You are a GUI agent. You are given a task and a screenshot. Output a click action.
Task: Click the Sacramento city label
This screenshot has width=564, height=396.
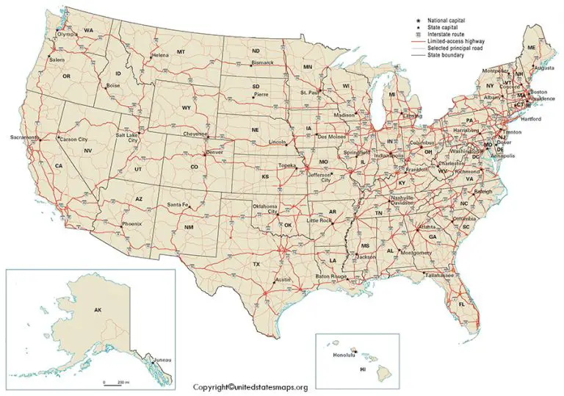(x=23, y=137)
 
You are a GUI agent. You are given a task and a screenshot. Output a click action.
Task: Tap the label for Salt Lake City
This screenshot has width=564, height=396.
(x=126, y=138)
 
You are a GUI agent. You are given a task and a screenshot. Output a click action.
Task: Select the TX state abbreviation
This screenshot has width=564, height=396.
(x=256, y=263)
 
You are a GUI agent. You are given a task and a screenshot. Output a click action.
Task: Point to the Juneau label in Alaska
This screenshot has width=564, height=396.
(x=162, y=359)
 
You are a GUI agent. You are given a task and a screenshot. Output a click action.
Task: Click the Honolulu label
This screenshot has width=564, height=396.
(x=344, y=355)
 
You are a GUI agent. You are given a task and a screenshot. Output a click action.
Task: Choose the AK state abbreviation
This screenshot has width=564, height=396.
(x=97, y=310)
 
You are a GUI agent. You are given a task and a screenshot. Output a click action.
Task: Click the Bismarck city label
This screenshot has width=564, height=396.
(x=263, y=62)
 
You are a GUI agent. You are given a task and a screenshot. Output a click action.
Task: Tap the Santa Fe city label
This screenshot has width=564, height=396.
(x=177, y=204)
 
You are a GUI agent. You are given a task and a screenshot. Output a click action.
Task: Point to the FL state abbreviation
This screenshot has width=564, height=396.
(x=462, y=303)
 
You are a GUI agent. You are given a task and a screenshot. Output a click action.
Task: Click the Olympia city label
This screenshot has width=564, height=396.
(x=67, y=34)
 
